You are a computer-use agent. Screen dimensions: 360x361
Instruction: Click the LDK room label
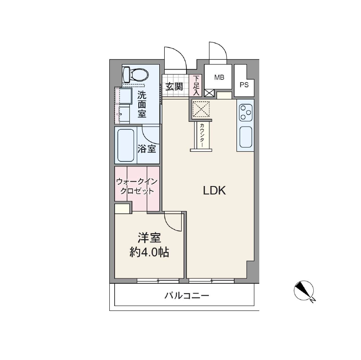pyautogui.click(x=216, y=190)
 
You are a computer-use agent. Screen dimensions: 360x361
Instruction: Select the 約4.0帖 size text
pyautogui.click(x=149, y=252)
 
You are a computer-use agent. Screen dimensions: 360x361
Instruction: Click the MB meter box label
pyautogui.click(x=219, y=78)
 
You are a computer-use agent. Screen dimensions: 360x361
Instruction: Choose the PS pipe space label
pyautogui.click(x=244, y=85)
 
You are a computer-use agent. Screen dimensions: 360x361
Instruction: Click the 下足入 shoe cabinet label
pyautogui.click(x=196, y=85)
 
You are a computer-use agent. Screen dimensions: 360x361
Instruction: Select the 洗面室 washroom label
pyautogui.click(x=141, y=104)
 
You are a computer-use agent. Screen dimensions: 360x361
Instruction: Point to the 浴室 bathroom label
pyautogui.click(x=146, y=149)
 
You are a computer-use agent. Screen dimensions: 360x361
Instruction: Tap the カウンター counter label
pyautogui.click(x=202, y=136)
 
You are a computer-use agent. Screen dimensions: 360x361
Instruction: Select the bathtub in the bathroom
pyautogui.click(x=125, y=145)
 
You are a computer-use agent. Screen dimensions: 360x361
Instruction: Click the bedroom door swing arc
pyautogui.click(x=172, y=221)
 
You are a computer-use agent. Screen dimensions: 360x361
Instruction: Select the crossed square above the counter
pyautogui.click(x=200, y=109)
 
